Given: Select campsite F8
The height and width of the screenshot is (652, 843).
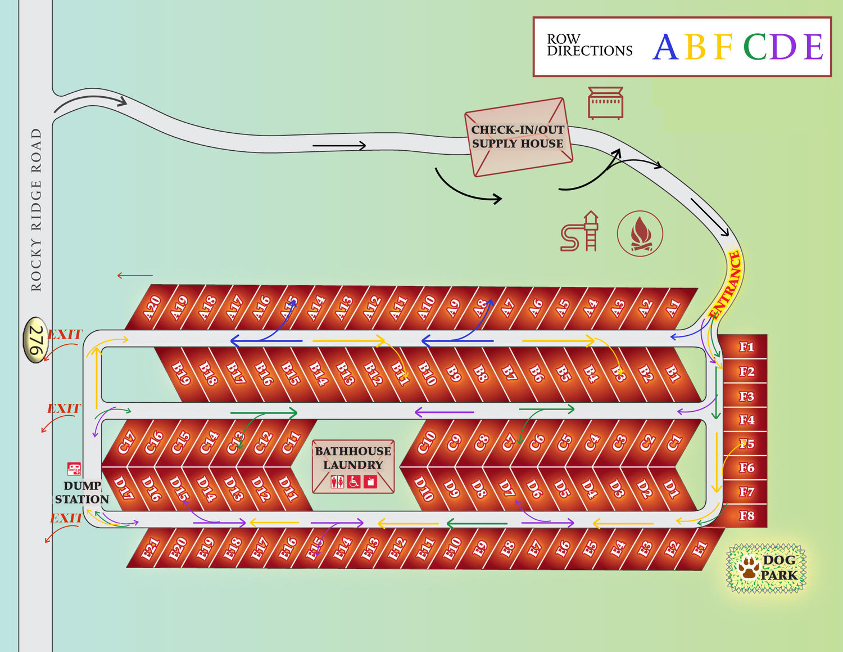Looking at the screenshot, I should tap(746, 516).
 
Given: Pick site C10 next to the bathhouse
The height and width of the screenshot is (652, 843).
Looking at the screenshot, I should tap(426, 443).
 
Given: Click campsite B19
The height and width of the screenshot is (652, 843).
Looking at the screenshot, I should tap(180, 372).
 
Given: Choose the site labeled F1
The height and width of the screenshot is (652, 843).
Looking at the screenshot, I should tap(746, 347).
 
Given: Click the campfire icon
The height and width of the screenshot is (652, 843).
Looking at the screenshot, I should tap(640, 233).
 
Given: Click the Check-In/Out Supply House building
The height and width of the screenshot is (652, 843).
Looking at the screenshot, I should tap(518, 137).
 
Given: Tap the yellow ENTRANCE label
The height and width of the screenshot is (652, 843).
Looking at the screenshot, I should tap(727, 286).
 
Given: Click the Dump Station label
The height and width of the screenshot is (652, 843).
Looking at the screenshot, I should tap(82, 492).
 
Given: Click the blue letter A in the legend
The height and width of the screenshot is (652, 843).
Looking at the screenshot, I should tap(665, 47).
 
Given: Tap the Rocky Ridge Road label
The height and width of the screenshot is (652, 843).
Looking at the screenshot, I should tap(36, 209).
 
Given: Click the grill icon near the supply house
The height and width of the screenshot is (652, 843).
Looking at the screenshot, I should tap(605, 102).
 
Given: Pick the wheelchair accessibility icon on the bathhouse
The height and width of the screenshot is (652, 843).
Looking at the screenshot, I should tap(353, 482).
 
